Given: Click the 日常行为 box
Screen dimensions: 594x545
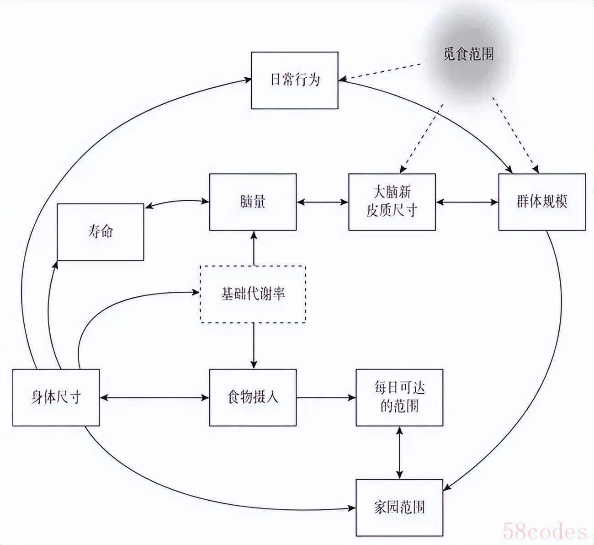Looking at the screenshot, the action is (x=295, y=80).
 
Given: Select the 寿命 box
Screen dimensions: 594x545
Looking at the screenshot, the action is (x=101, y=232).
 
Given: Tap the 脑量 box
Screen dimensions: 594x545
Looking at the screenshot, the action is (x=253, y=202).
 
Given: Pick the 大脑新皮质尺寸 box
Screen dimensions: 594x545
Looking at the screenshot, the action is (x=392, y=202).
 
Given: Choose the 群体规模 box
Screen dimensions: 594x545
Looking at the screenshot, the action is (x=542, y=202).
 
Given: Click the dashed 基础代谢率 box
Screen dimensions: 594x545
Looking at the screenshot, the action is (x=253, y=294).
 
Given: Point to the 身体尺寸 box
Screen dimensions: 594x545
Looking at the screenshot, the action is (x=56, y=398).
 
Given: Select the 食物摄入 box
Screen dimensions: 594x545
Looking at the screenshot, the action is (x=253, y=398).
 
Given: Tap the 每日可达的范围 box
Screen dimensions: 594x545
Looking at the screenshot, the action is (x=399, y=398).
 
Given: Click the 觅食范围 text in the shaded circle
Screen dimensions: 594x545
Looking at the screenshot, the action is (x=469, y=54).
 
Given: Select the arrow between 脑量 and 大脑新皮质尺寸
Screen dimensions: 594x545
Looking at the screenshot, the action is (x=323, y=202).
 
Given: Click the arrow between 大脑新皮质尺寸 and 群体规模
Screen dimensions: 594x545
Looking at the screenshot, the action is (x=467, y=202).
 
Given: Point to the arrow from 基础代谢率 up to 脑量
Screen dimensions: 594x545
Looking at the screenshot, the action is (x=254, y=248).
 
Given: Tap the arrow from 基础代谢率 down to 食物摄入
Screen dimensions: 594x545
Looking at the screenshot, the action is (x=254, y=346).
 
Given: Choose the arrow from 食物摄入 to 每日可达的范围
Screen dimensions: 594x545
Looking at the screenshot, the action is (x=326, y=398).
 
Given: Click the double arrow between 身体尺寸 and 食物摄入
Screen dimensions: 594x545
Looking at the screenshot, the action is (x=154, y=398).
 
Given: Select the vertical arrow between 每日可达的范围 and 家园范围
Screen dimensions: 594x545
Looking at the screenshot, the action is (x=399, y=453).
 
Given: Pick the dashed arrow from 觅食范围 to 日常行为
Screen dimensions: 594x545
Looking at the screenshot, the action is (x=380, y=72).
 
